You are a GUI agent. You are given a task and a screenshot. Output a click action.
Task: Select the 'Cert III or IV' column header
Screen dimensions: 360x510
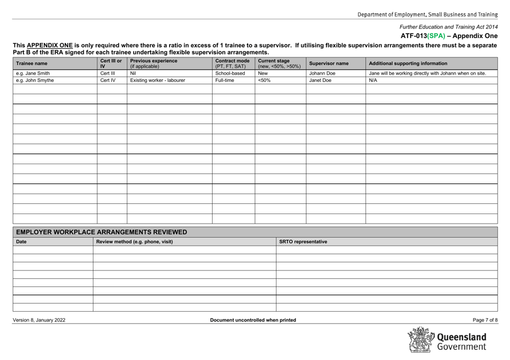(x=109, y=63)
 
